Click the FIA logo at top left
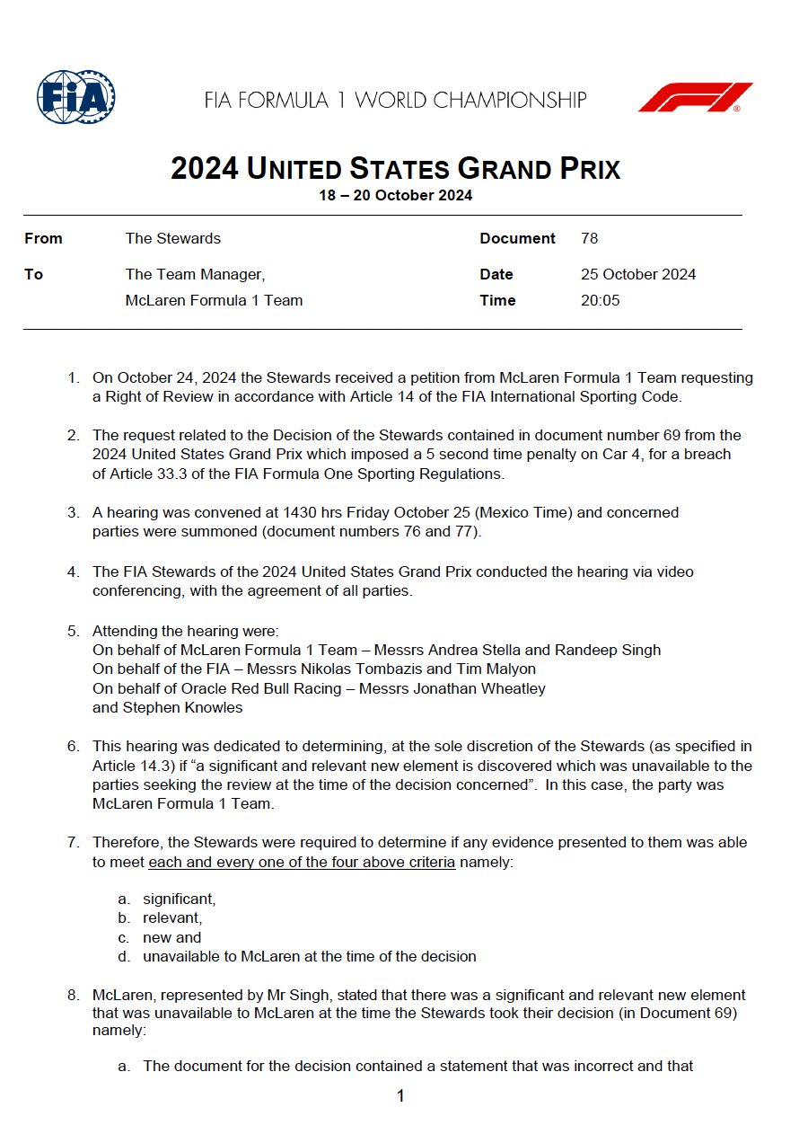75,97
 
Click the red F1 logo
695,97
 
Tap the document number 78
589,238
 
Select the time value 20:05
600,300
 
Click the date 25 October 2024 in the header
637,274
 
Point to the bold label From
43,238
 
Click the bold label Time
497,300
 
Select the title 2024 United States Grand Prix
395,169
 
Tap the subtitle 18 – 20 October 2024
395,195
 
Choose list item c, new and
171,937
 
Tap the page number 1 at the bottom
400,1095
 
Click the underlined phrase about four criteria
302,863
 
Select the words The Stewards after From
172,238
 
